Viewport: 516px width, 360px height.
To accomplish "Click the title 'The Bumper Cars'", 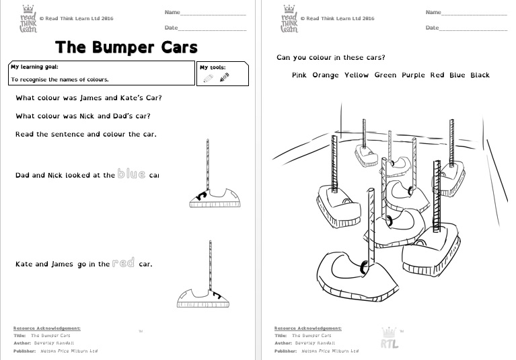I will point(126,47).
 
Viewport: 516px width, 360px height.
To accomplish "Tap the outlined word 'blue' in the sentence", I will point(131,174).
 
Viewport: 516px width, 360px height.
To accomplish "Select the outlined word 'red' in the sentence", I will point(123,264).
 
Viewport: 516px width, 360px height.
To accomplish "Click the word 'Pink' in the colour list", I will point(299,75).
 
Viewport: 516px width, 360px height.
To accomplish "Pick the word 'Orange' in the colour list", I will point(326,75).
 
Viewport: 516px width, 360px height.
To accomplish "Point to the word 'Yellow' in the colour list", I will point(357,75).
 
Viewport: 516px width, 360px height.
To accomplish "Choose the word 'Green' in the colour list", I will point(385,75).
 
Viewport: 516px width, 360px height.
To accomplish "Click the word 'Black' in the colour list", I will point(480,75).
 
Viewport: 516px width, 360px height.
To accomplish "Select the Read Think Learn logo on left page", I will point(28,19).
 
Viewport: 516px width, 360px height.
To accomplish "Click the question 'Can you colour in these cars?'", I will point(331,57).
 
